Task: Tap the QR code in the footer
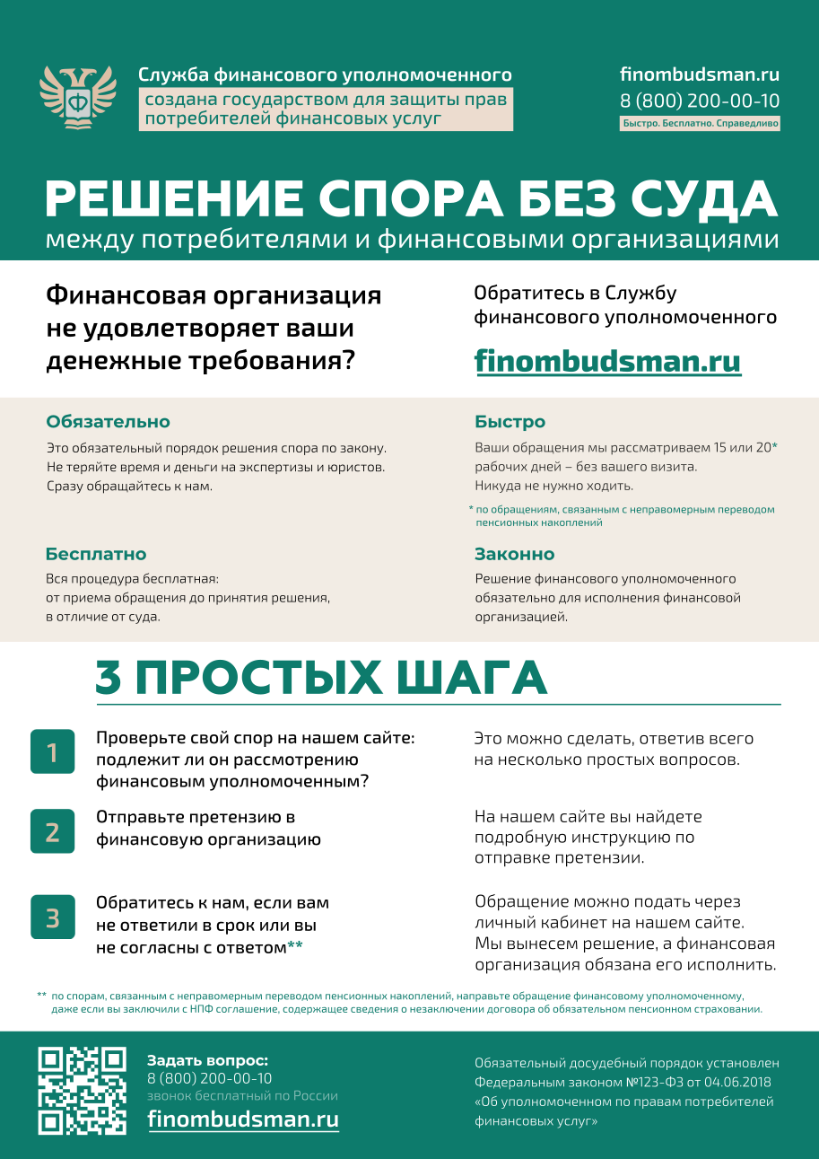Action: (82, 1090)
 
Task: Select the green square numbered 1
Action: (52, 751)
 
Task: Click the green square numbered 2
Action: (52, 831)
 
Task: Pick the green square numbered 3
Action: (52, 917)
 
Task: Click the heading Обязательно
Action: (108, 422)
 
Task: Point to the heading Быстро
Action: (510, 422)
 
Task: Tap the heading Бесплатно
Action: (96, 554)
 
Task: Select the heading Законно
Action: (515, 554)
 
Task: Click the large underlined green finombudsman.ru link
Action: (607, 361)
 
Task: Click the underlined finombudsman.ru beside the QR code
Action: (243, 1119)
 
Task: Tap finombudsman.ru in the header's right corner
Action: (700, 75)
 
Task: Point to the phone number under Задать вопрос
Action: (210, 1078)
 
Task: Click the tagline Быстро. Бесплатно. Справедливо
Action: (700, 124)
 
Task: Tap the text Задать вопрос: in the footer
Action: (207, 1060)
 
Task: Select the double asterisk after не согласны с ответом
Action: (295, 945)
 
